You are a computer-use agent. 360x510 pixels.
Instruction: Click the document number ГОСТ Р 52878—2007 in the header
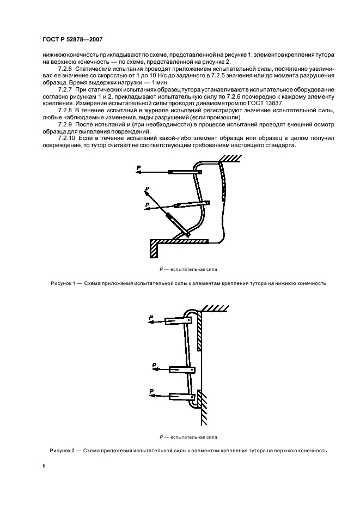[72, 39]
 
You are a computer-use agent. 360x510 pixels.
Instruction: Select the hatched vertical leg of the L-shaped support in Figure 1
[154, 250]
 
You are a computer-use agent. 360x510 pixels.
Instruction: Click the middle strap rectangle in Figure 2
[182, 370]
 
